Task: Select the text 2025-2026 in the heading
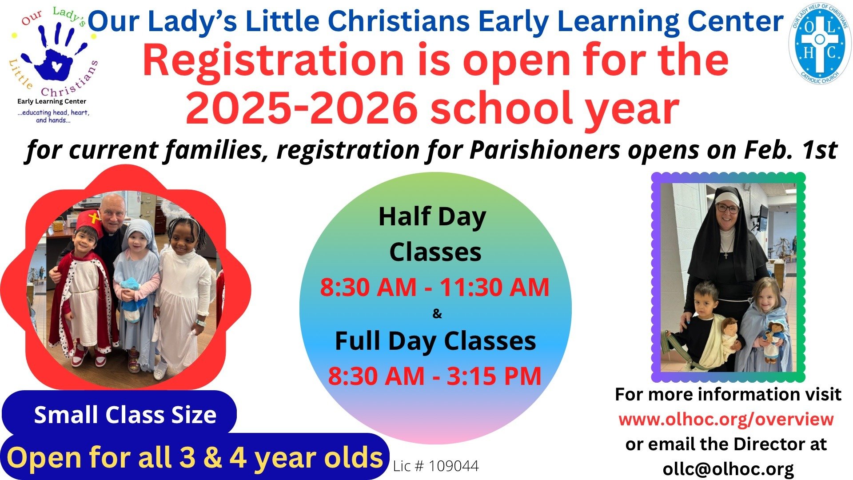click(x=302, y=108)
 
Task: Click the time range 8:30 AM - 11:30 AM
click(x=434, y=287)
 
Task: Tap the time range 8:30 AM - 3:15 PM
click(x=434, y=376)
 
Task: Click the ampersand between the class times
click(x=437, y=314)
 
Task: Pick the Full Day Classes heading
click(x=435, y=341)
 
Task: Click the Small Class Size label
click(x=125, y=415)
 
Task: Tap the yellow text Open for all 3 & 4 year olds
click(x=195, y=457)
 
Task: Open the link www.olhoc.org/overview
click(x=726, y=419)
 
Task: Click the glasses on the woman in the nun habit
click(x=727, y=208)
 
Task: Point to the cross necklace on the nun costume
click(x=726, y=254)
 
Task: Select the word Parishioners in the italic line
click(x=544, y=150)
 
